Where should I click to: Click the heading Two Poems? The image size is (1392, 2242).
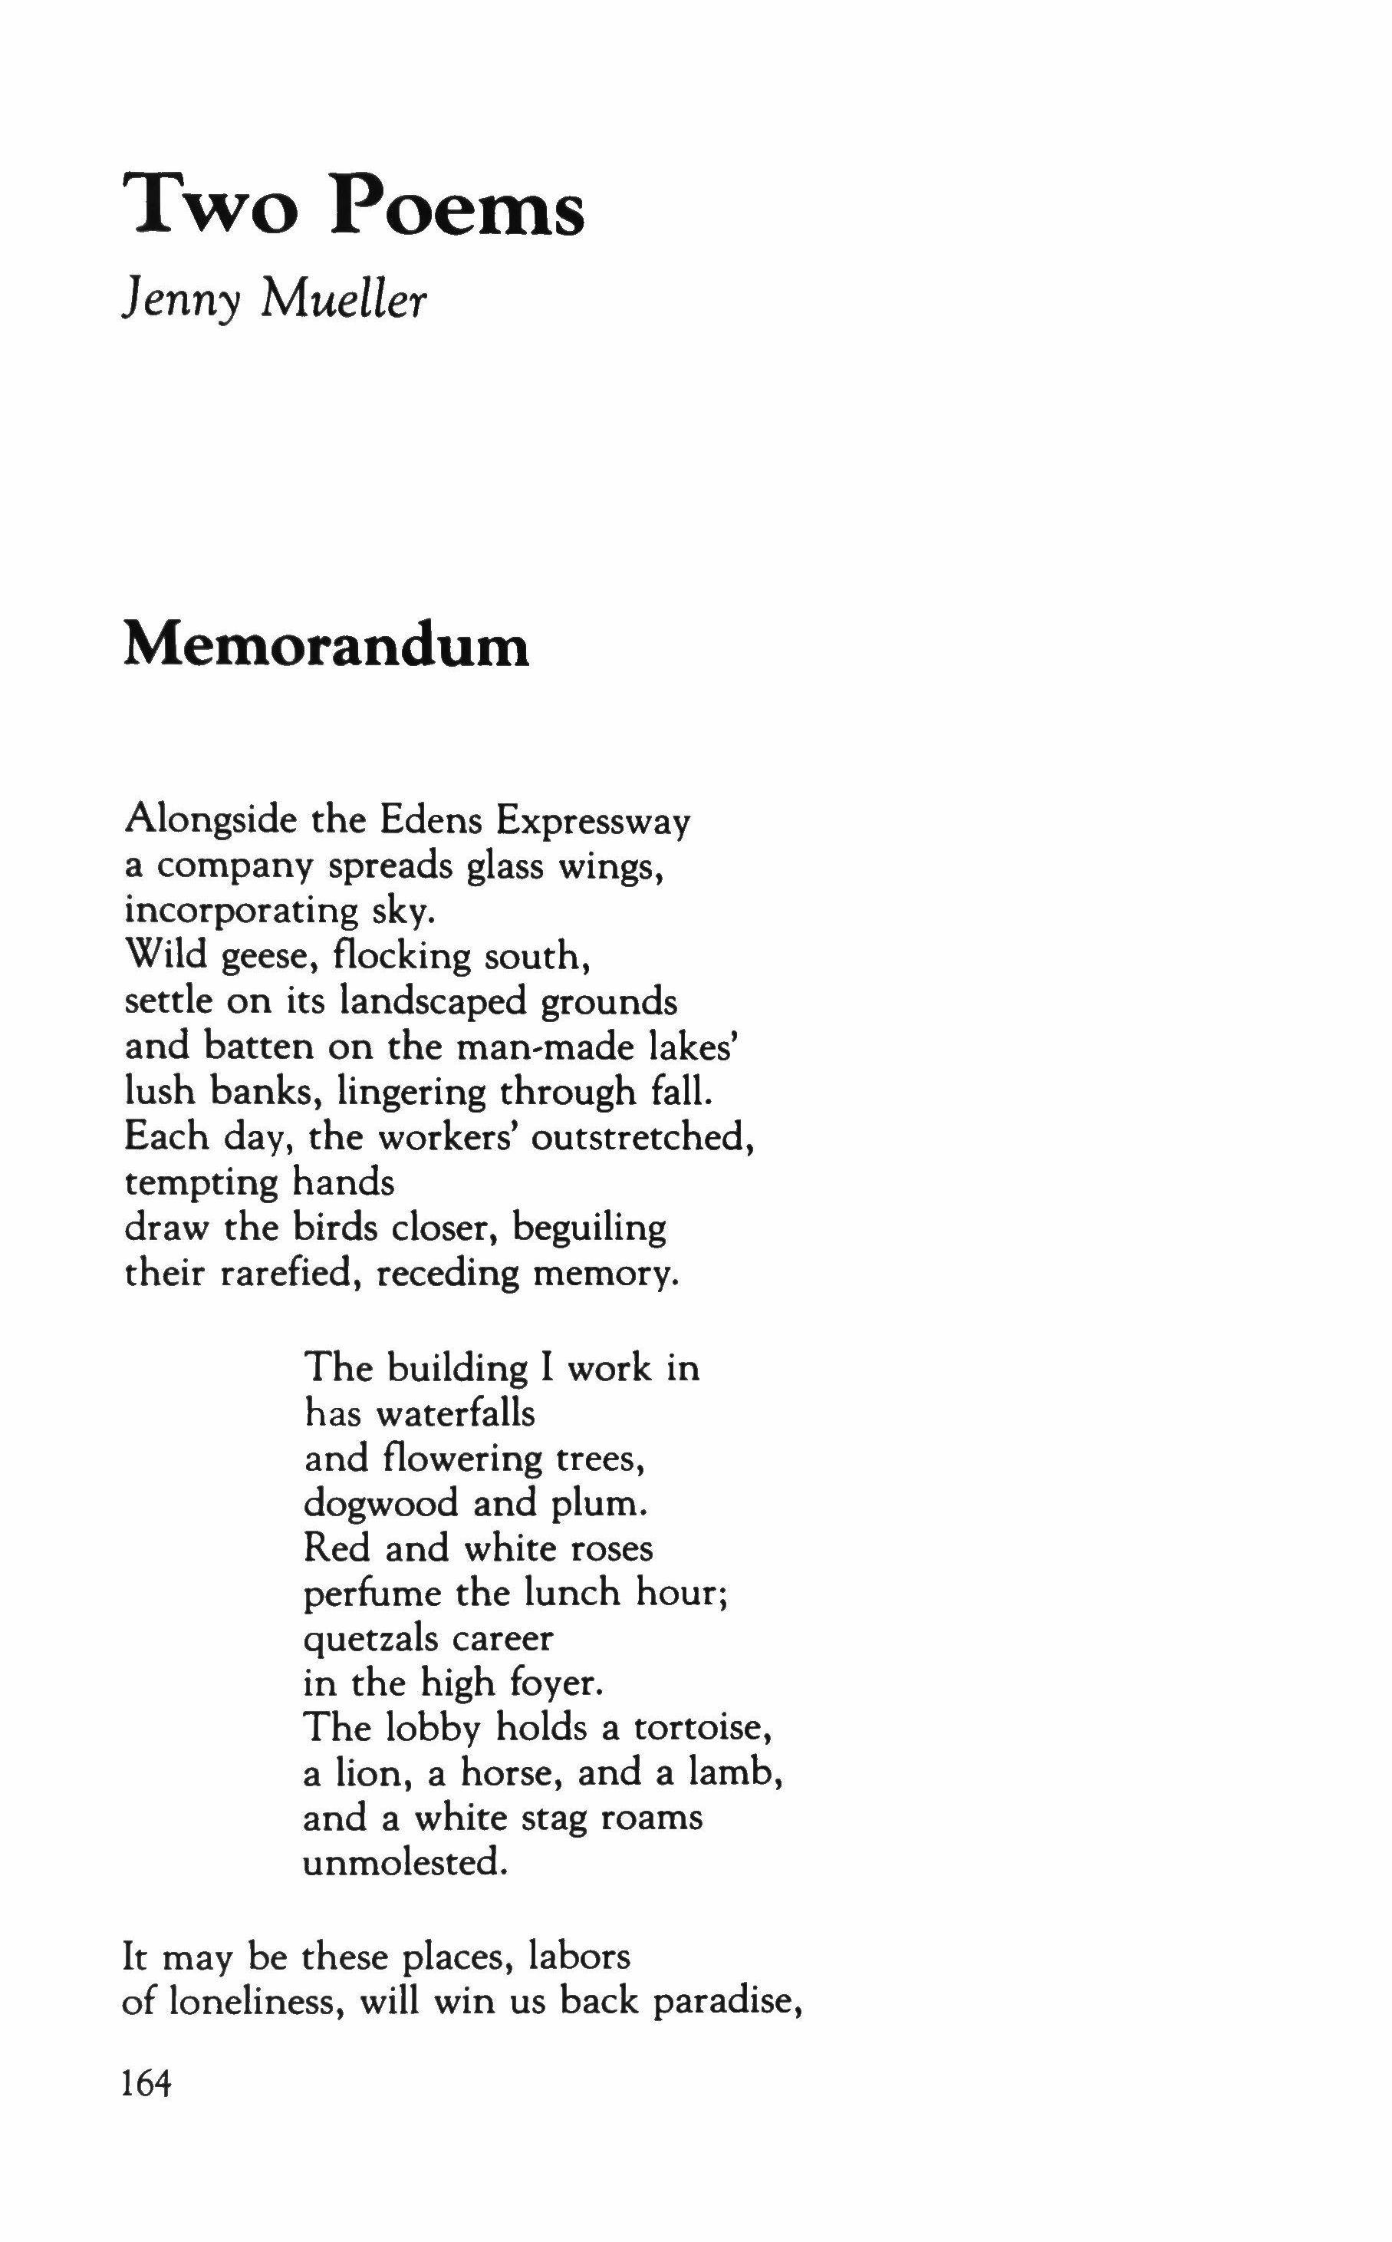click(x=354, y=206)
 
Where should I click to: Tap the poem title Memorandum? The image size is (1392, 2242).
click(x=326, y=645)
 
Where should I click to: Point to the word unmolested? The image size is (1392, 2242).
click(x=405, y=1864)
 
